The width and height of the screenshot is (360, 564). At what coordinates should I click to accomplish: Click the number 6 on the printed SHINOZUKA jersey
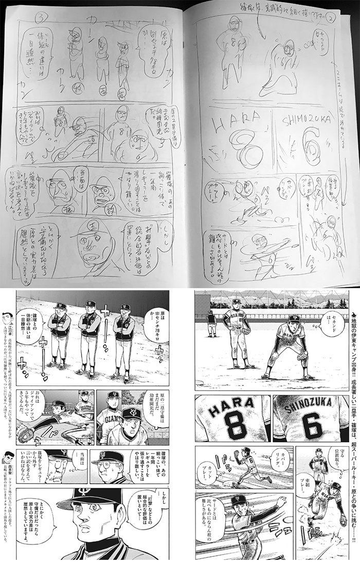tap(312, 425)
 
